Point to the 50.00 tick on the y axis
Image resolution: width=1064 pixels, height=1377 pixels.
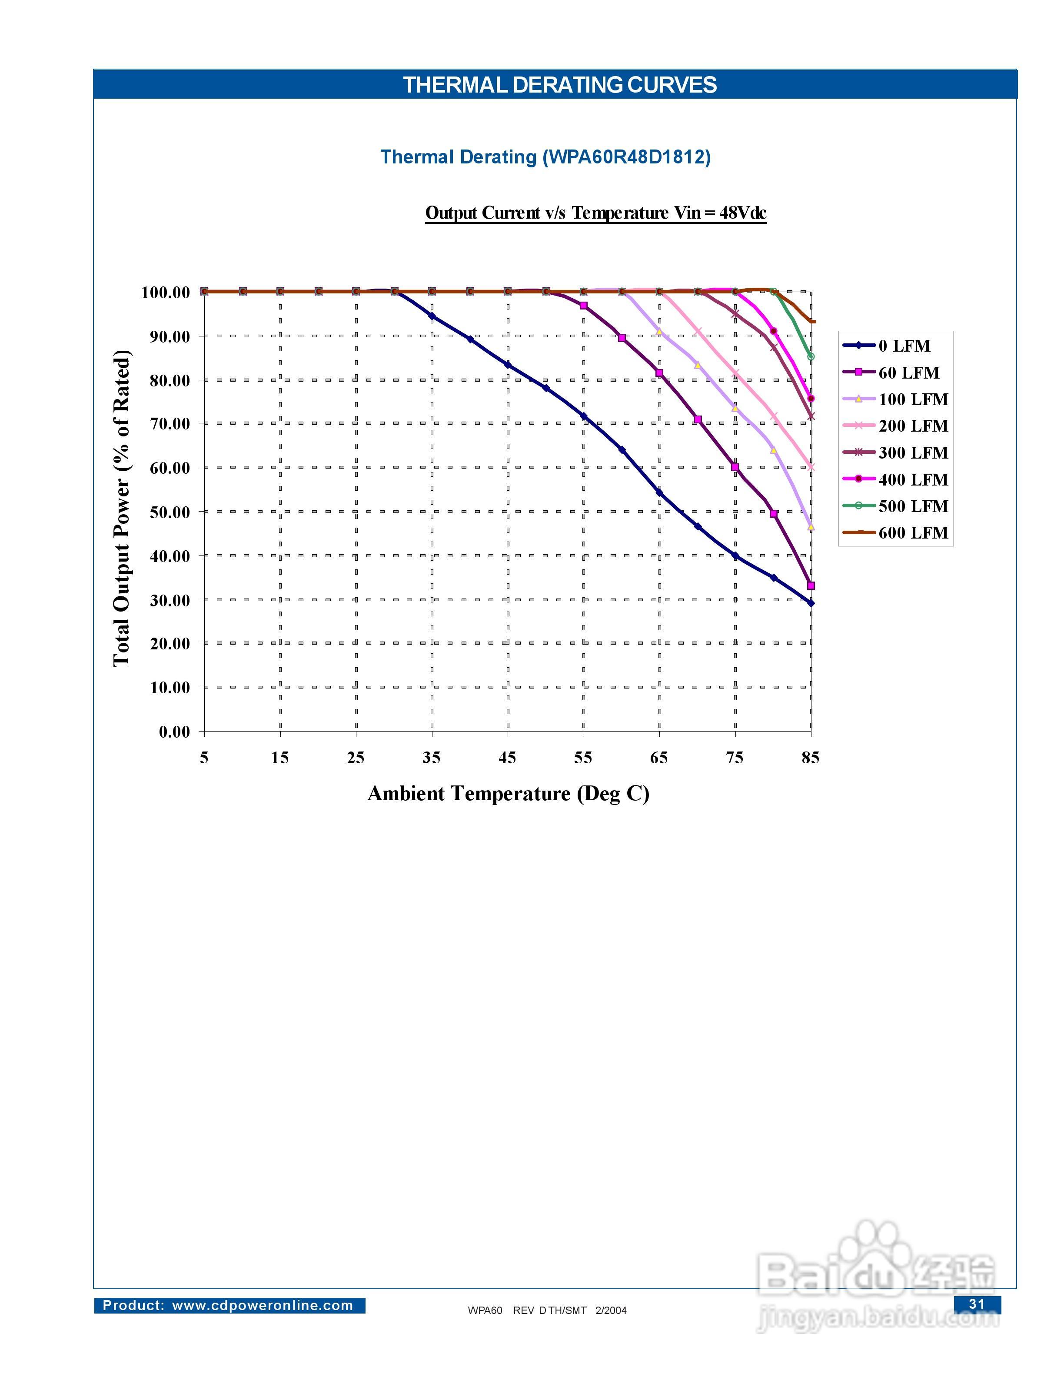click(x=170, y=512)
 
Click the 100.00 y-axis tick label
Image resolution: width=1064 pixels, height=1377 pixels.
click(x=165, y=293)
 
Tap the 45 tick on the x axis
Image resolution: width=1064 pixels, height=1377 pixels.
click(x=507, y=757)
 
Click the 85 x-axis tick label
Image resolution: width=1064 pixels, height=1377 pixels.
click(x=811, y=757)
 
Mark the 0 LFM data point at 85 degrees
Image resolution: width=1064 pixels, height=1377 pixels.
click(x=811, y=603)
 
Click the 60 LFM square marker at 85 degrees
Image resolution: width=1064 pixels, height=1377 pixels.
click(x=811, y=586)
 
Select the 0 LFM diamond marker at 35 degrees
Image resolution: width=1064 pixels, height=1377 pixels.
click(x=432, y=316)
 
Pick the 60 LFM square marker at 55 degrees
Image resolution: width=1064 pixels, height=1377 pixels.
click(x=584, y=305)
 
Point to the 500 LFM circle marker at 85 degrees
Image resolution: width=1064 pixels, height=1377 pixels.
click(x=811, y=357)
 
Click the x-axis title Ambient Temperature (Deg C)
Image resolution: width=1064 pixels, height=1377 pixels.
click(x=508, y=793)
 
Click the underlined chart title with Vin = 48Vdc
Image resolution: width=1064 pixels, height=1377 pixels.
click(x=595, y=213)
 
